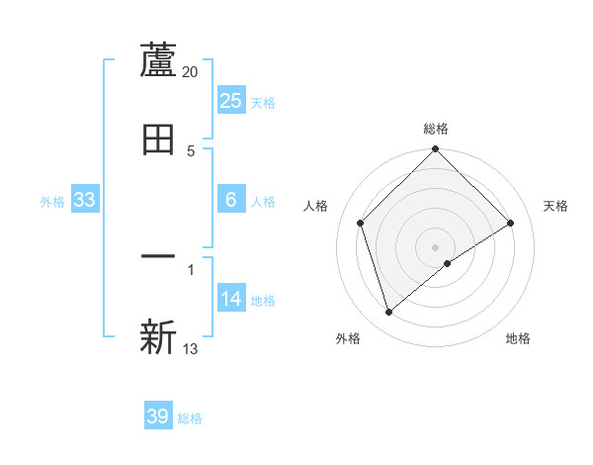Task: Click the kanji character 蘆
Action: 158,60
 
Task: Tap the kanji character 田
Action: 158,139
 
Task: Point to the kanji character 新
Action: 158,337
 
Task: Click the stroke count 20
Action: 191,72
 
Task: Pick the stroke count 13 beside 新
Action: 191,349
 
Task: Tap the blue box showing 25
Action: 231,100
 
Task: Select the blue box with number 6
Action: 231,200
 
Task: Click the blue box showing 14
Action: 231,299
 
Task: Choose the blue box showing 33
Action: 84,200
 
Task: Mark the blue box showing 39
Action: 158,417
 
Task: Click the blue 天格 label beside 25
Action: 263,102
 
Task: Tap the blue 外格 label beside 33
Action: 52,201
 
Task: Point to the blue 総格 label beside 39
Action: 190,418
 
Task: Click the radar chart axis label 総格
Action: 436,129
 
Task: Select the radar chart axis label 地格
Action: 518,338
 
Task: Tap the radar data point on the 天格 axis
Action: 511,223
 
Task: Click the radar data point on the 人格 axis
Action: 361,223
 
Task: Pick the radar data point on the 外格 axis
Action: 388,313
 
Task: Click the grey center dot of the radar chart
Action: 436,246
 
